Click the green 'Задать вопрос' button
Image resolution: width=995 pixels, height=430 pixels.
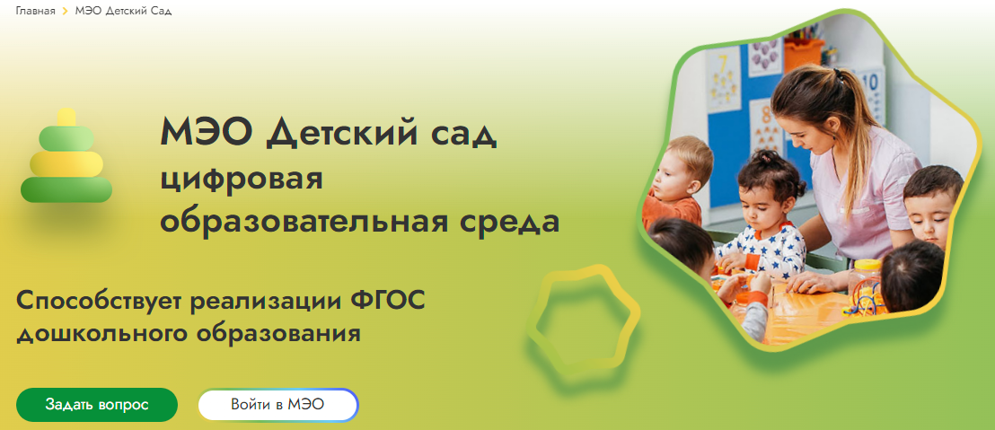[x=97, y=405]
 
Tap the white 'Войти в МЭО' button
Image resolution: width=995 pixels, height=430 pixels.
[x=278, y=405]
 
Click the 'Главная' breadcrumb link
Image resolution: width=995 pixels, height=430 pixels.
[x=36, y=12]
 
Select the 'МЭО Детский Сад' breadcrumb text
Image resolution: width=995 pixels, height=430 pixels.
[x=123, y=12]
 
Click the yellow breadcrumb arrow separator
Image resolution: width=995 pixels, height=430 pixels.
[x=66, y=12]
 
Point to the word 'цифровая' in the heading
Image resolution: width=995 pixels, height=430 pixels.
[x=242, y=180]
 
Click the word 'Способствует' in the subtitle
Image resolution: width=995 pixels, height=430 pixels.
[x=101, y=301]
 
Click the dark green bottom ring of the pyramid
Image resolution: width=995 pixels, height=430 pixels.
[x=66, y=189]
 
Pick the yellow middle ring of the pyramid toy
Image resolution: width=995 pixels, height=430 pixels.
[x=66, y=163]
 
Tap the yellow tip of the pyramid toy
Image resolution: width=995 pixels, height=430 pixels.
[x=66, y=118]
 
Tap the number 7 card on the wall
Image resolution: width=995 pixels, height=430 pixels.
[x=724, y=79]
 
